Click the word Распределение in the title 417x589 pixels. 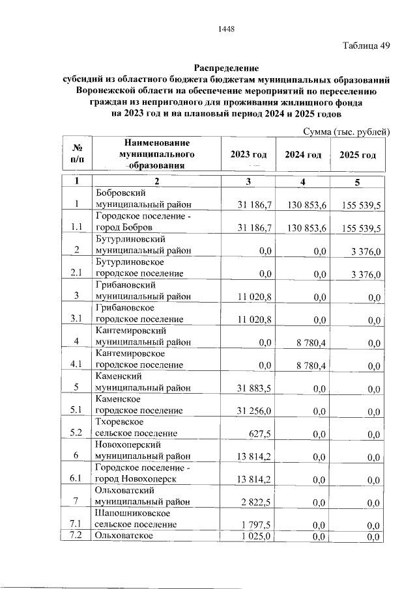point(226,68)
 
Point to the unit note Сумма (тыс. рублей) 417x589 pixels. point(346,131)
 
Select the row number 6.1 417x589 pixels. point(77,479)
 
